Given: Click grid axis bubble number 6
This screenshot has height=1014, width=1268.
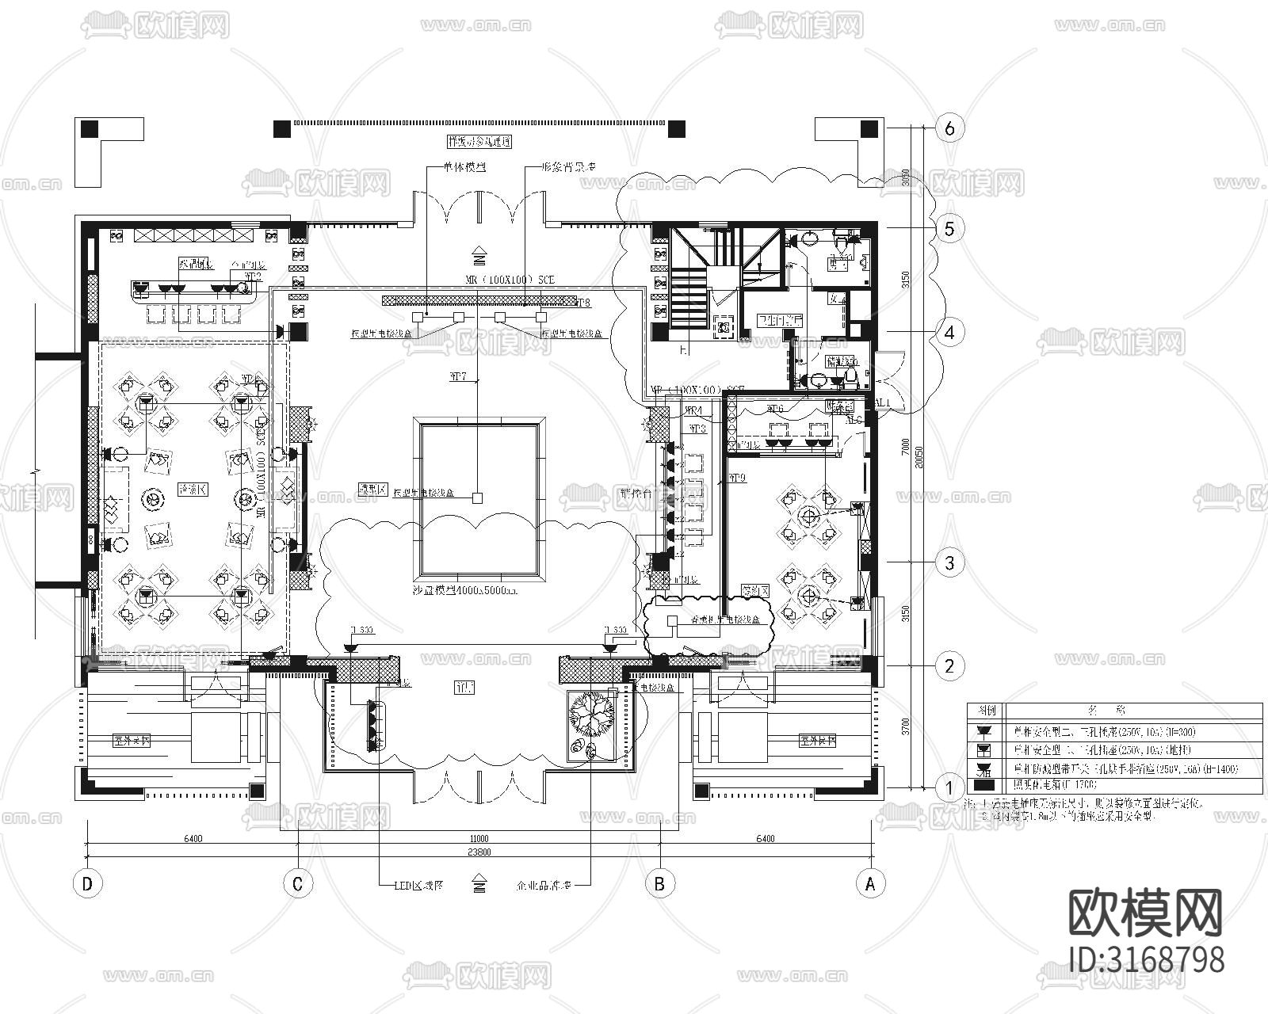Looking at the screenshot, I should pos(949,128).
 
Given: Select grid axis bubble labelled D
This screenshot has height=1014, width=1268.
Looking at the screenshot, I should pos(87,884).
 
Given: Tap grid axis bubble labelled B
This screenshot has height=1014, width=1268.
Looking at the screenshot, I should pos(659,884).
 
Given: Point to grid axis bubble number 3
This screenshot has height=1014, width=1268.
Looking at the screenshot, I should pos(949,563).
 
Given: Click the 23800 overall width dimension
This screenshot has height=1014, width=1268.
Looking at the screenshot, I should pos(479,852).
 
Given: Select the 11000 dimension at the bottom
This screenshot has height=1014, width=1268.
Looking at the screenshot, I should pos(479,838).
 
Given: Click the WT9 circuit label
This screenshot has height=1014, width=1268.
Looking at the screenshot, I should pos(737,478).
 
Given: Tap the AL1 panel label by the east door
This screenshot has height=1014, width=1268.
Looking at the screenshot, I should pos(881,402).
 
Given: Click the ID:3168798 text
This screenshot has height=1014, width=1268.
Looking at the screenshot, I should pos(1146,959).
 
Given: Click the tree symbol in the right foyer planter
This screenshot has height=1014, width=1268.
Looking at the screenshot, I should pos(590,711).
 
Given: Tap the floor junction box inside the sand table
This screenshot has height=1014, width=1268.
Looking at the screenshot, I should pos(477,497).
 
